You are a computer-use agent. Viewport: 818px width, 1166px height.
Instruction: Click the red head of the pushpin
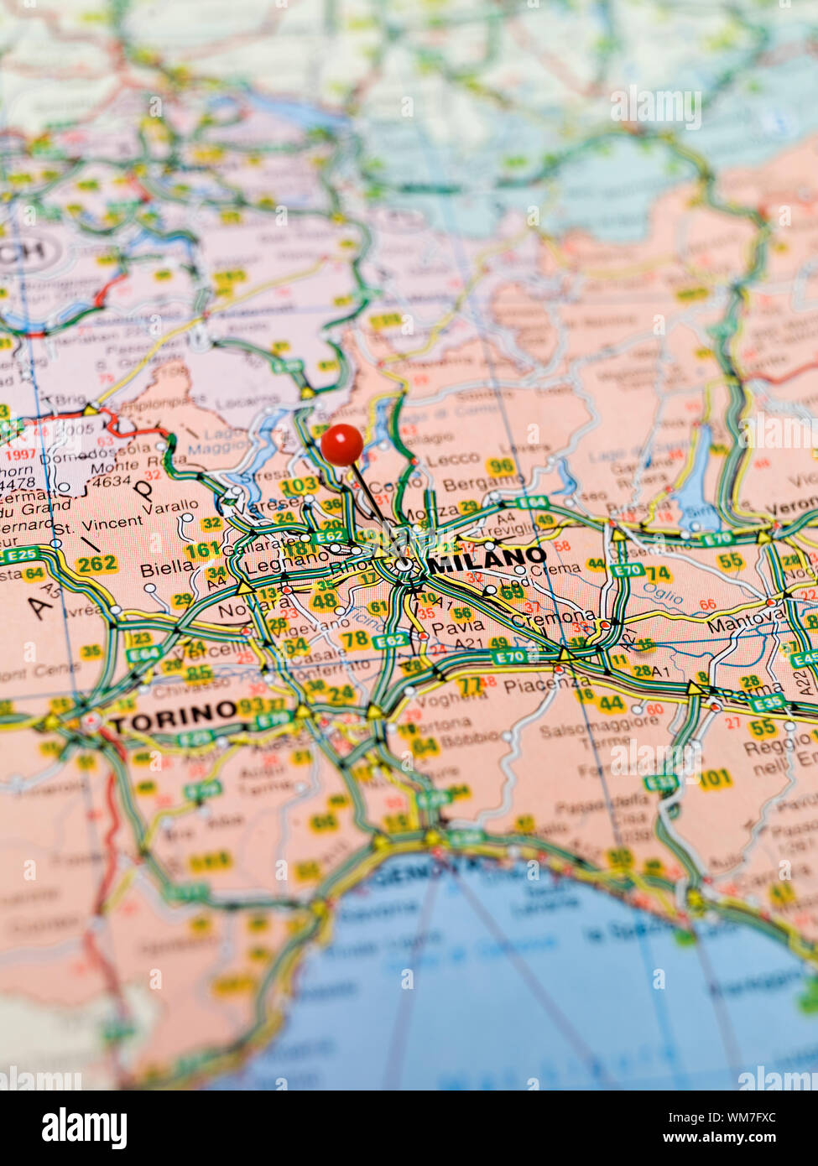point(342,444)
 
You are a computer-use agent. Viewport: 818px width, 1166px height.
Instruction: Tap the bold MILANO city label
point(487,558)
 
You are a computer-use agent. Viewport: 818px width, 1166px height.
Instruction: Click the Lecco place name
point(452,460)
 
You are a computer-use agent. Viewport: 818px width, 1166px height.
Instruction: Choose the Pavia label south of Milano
point(458,626)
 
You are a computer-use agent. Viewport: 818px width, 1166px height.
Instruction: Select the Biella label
point(166,568)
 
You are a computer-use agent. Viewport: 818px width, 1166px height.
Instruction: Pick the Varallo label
point(169,508)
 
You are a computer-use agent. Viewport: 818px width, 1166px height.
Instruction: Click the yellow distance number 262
point(96,564)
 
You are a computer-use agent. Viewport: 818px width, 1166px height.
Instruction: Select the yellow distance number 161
point(202,551)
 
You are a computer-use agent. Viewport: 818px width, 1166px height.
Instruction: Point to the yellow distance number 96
point(501,466)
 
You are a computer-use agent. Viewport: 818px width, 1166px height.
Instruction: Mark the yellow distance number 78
point(355,639)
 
